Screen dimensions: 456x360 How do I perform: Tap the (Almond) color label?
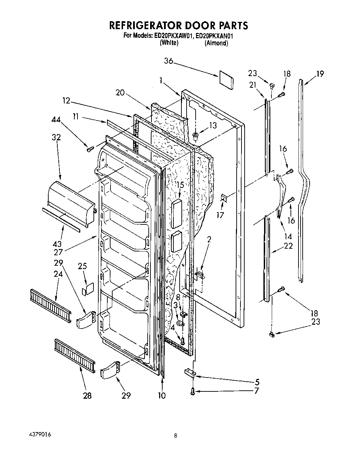coord(216,43)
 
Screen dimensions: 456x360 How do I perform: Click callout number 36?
coord(169,61)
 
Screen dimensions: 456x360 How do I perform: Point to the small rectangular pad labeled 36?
coord(226,80)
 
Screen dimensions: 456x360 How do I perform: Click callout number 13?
coord(213,125)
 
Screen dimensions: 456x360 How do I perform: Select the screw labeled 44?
coord(90,149)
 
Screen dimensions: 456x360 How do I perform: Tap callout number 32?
coord(56,137)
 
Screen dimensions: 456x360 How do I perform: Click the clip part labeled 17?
coord(224,198)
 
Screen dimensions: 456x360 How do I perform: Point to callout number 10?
coord(162,395)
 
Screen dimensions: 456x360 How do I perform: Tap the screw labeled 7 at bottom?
coord(192,391)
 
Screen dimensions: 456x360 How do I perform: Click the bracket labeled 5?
coord(190,373)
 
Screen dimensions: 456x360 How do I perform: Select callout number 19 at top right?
coord(320,74)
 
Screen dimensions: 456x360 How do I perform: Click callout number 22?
coord(288,246)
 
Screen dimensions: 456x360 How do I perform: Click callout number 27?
coord(58,252)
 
